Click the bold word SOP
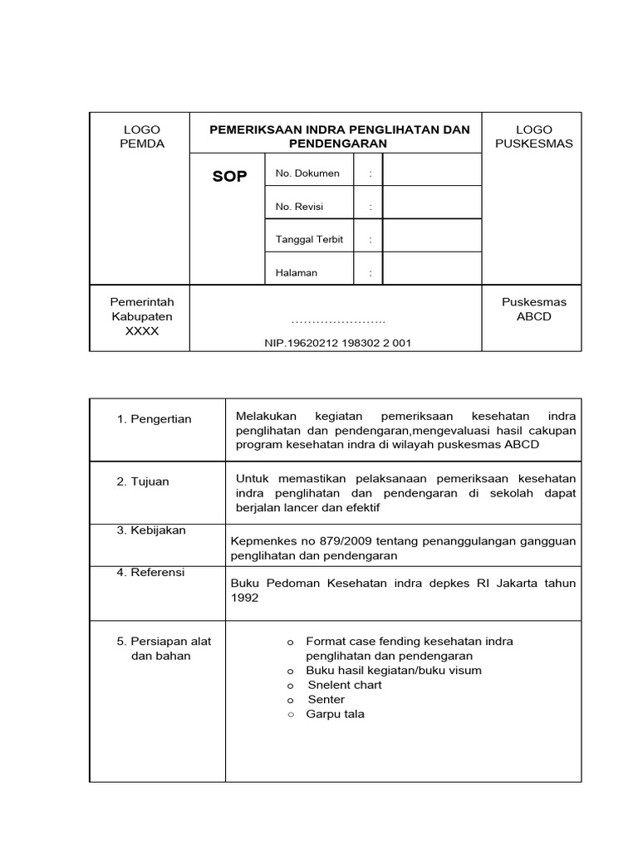(229, 176)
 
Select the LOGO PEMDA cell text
(141, 136)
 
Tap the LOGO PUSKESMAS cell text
(533, 136)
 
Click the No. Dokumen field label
(307, 173)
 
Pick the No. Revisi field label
(299, 207)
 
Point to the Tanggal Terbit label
(309, 239)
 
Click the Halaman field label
(297, 272)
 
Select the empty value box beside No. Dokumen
(431, 169)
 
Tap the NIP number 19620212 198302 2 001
(337, 342)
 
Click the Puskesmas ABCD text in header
(533, 310)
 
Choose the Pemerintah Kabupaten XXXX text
(141, 317)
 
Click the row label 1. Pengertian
(155, 419)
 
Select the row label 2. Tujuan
(143, 481)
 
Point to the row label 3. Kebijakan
(151, 530)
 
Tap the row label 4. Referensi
(151, 572)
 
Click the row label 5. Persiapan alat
(164, 641)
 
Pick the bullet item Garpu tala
(335, 714)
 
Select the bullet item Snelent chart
(345, 685)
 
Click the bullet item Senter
(326, 700)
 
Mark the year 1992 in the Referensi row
(244, 598)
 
